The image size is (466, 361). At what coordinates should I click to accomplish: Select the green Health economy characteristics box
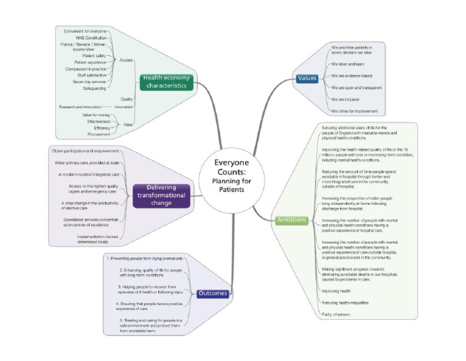pos(167,81)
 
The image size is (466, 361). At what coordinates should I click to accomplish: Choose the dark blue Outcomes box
pos(212,294)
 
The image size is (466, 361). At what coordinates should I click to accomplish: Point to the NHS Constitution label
pos(92,38)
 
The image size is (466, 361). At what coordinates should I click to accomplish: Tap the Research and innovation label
pos(80,107)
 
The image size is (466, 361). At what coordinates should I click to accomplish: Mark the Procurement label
pos(98,134)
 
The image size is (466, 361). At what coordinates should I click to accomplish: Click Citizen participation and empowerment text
pos(83,151)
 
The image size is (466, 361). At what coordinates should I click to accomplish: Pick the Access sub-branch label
pos(126,60)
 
